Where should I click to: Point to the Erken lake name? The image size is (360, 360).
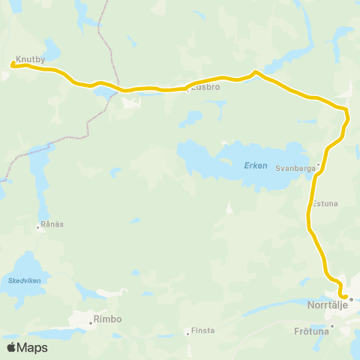click(x=255, y=166)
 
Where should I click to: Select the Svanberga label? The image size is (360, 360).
click(x=295, y=169)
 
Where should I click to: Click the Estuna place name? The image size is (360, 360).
click(x=325, y=202)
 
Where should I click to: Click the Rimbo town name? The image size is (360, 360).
click(x=108, y=319)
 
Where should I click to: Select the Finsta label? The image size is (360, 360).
click(x=203, y=330)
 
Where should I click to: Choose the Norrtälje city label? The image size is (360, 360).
click(x=330, y=307)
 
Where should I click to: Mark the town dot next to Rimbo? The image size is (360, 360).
click(x=91, y=322)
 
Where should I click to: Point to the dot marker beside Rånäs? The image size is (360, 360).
click(x=38, y=226)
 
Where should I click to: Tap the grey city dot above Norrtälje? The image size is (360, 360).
click(x=350, y=298)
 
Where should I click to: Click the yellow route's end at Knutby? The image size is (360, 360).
click(x=13, y=67)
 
